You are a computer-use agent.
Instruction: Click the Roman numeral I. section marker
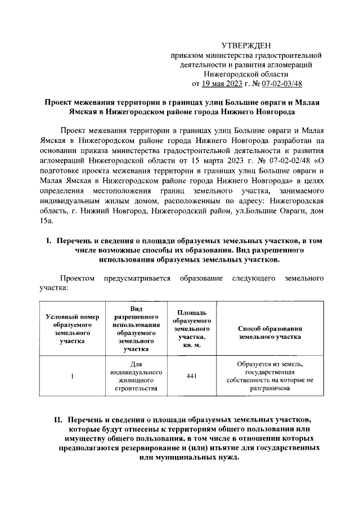(48, 240)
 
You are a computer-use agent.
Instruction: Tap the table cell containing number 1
(73, 376)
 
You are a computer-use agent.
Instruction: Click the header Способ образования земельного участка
(271, 332)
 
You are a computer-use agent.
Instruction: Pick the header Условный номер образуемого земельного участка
(73, 328)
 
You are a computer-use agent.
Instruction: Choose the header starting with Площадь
(191, 328)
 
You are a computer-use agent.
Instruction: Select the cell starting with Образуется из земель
(271, 376)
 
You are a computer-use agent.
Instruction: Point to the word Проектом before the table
(78, 279)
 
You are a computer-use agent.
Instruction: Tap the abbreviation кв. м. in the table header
(191, 344)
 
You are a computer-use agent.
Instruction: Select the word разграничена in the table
(271, 388)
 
